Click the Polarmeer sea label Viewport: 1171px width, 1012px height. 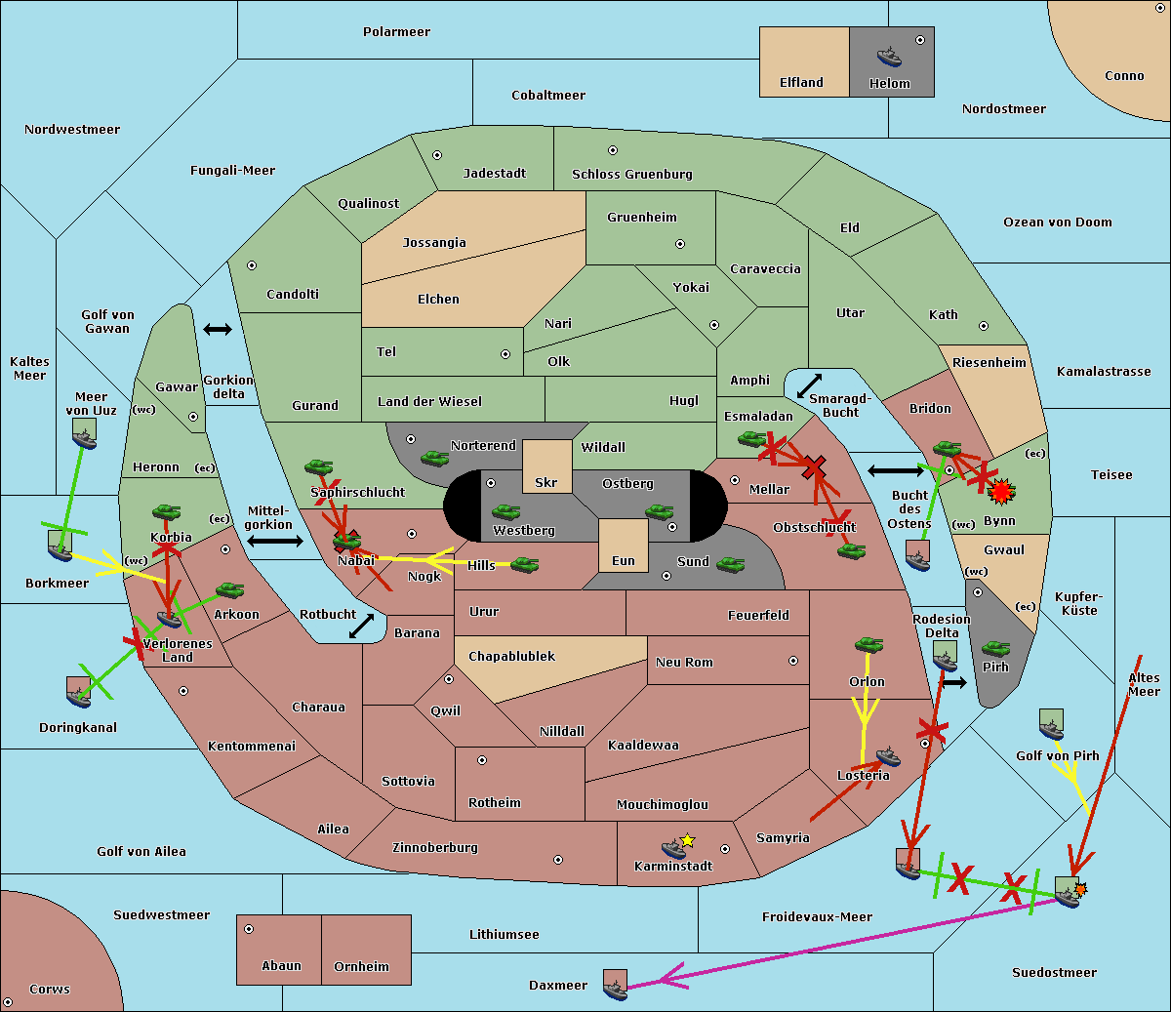(x=396, y=32)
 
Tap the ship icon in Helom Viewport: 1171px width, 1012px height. (x=889, y=56)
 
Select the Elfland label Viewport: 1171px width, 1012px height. (x=801, y=83)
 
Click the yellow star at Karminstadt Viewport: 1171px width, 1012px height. (x=688, y=840)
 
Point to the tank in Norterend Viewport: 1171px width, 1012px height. (x=434, y=458)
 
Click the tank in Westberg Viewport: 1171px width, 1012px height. (x=505, y=512)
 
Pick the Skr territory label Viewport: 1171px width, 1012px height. (x=546, y=483)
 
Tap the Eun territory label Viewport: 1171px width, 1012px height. (x=624, y=561)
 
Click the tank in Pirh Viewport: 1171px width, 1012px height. (x=995, y=649)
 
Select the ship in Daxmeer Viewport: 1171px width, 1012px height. (x=615, y=984)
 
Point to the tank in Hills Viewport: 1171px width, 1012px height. (x=525, y=564)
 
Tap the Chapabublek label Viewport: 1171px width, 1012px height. (x=511, y=657)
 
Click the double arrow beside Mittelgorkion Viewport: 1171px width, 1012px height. (x=274, y=542)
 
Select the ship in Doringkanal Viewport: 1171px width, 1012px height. (x=78, y=692)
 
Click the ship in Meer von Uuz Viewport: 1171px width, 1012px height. (x=84, y=433)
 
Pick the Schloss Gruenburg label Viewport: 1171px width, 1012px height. (x=631, y=175)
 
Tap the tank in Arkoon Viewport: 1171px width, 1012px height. (x=229, y=590)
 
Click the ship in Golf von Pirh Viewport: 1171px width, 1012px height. (x=1051, y=723)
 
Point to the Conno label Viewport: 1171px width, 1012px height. (x=1124, y=76)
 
